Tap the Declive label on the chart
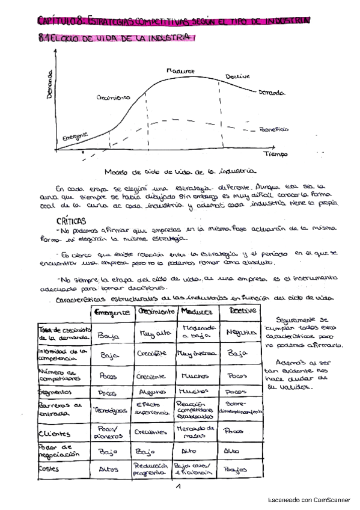click(237, 76)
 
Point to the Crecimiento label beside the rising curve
click(113, 97)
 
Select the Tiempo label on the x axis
click(275, 154)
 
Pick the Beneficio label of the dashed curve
click(274, 129)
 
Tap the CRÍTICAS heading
click(71, 221)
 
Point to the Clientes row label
click(55, 433)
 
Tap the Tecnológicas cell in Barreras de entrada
click(110, 410)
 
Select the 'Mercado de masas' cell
click(195, 431)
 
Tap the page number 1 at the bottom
click(178, 488)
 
